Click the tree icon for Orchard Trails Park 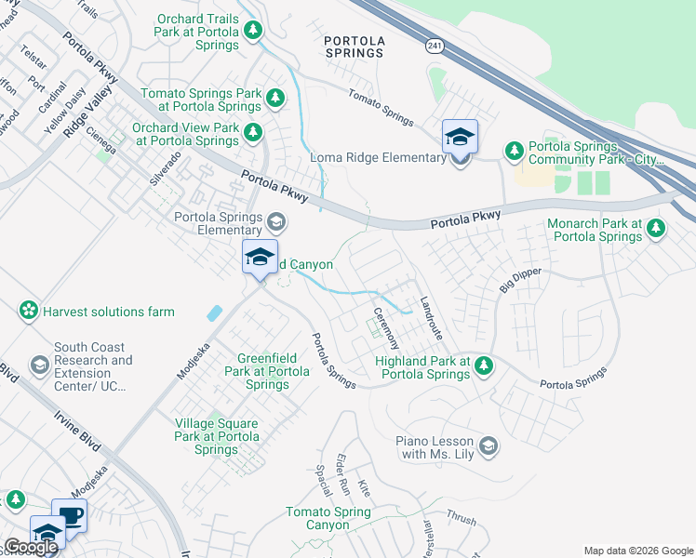coord(253,31)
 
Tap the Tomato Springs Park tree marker coord(274,97)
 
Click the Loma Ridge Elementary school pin coord(460,139)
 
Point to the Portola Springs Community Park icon coord(514,150)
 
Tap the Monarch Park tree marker coord(657,227)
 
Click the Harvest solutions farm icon coord(30,311)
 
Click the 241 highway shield coord(436,45)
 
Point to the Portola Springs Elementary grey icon coord(275,221)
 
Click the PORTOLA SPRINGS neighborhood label coord(353,46)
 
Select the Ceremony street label coord(386,327)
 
